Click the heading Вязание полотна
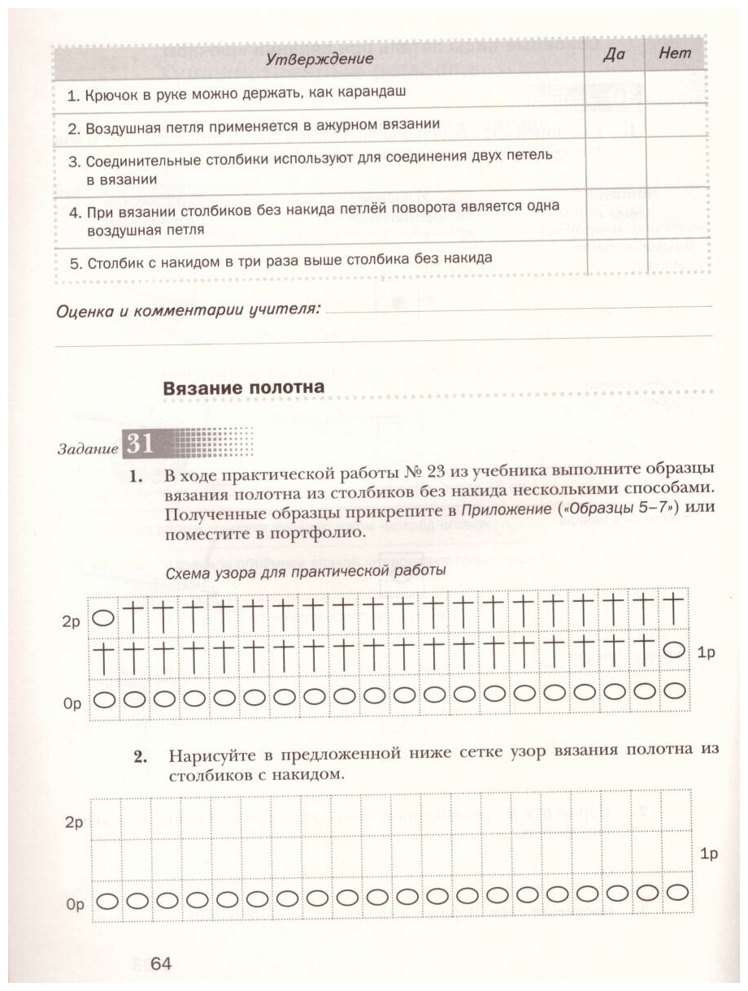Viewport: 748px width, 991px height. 244,387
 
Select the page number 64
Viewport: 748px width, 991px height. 159,963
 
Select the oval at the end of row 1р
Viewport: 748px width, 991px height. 673,650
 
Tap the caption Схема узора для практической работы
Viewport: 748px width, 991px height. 305,571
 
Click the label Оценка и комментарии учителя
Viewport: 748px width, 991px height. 187,310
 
